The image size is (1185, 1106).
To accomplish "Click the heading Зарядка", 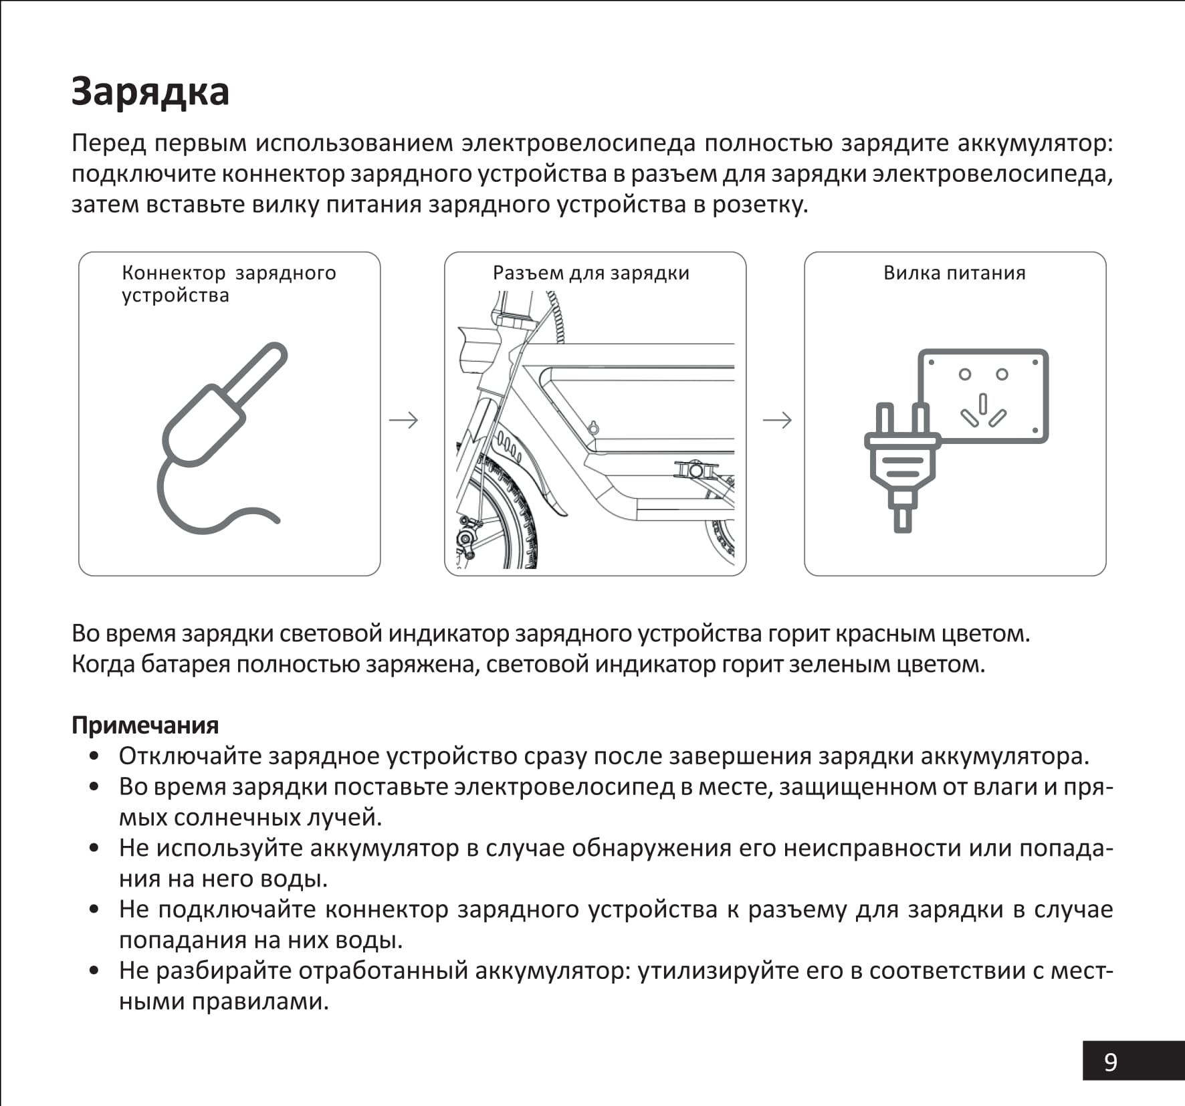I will (x=150, y=91).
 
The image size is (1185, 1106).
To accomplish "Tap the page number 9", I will (x=1110, y=1062).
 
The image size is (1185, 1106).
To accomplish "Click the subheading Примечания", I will (x=145, y=725).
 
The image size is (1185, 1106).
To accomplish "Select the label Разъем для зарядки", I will (x=590, y=273).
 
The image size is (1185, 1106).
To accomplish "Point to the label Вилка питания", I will (x=954, y=273).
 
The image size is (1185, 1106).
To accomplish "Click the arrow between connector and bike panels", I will (x=403, y=420).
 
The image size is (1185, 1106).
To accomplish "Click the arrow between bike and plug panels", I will (x=776, y=420).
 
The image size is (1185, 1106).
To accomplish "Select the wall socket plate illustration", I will (x=983, y=396).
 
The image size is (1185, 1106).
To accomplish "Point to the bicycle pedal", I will (x=695, y=470).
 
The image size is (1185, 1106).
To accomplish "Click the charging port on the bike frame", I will (x=592, y=428).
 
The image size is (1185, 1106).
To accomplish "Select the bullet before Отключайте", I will (x=94, y=756).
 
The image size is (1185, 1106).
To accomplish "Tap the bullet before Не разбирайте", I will (x=94, y=970).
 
